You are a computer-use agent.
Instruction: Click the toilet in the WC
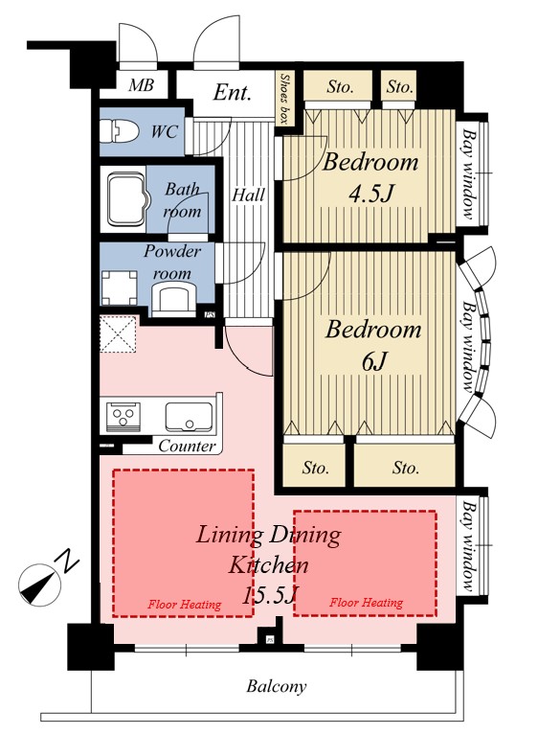click(x=121, y=131)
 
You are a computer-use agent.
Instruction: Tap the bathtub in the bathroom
click(x=125, y=200)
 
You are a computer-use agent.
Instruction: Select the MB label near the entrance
click(x=141, y=85)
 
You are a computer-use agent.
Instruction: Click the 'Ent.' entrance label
click(x=232, y=92)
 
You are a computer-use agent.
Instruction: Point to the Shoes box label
click(x=284, y=99)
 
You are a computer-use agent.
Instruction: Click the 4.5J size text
click(x=371, y=193)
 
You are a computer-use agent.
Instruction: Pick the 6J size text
click(x=374, y=360)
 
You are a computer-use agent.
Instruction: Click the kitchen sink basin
click(x=189, y=416)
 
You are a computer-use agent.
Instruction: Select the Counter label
click(x=187, y=446)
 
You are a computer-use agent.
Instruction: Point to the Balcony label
click(x=277, y=687)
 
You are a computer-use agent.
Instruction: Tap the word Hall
click(x=248, y=195)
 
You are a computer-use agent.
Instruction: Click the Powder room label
click(x=172, y=263)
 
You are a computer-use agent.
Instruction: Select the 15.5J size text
click(x=270, y=595)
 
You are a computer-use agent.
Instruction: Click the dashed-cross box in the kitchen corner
click(x=119, y=333)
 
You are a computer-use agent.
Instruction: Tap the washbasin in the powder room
click(x=172, y=300)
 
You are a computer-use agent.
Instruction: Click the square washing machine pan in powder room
click(x=120, y=287)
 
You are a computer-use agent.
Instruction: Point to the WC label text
click(x=165, y=132)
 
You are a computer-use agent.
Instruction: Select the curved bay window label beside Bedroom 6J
click(x=468, y=347)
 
